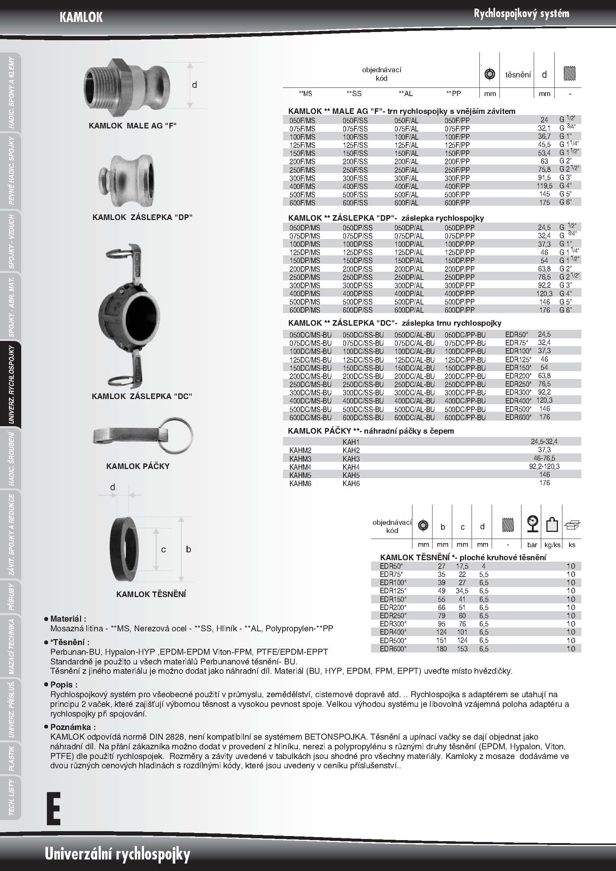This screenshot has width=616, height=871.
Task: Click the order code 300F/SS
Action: (x=355, y=178)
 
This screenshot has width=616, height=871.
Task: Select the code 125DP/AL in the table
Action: (x=409, y=252)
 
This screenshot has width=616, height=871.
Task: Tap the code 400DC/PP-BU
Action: (x=465, y=401)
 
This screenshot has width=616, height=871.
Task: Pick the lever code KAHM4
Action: (x=300, y=467)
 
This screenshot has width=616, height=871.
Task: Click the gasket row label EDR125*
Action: (x=393, y=591)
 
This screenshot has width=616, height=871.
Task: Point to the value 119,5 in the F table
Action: (x=544, y=186)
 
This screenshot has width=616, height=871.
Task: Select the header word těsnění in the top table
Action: (x=518, y=75)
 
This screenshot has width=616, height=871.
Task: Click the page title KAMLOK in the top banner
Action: (x=81, y=17)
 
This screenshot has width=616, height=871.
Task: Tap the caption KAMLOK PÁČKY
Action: (x=138, y=466)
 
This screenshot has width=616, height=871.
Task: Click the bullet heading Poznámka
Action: (x=73, y=727)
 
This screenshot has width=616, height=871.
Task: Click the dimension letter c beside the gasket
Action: (x=163, y=549)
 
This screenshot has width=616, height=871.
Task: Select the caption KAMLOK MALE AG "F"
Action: (x=133, y=125)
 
